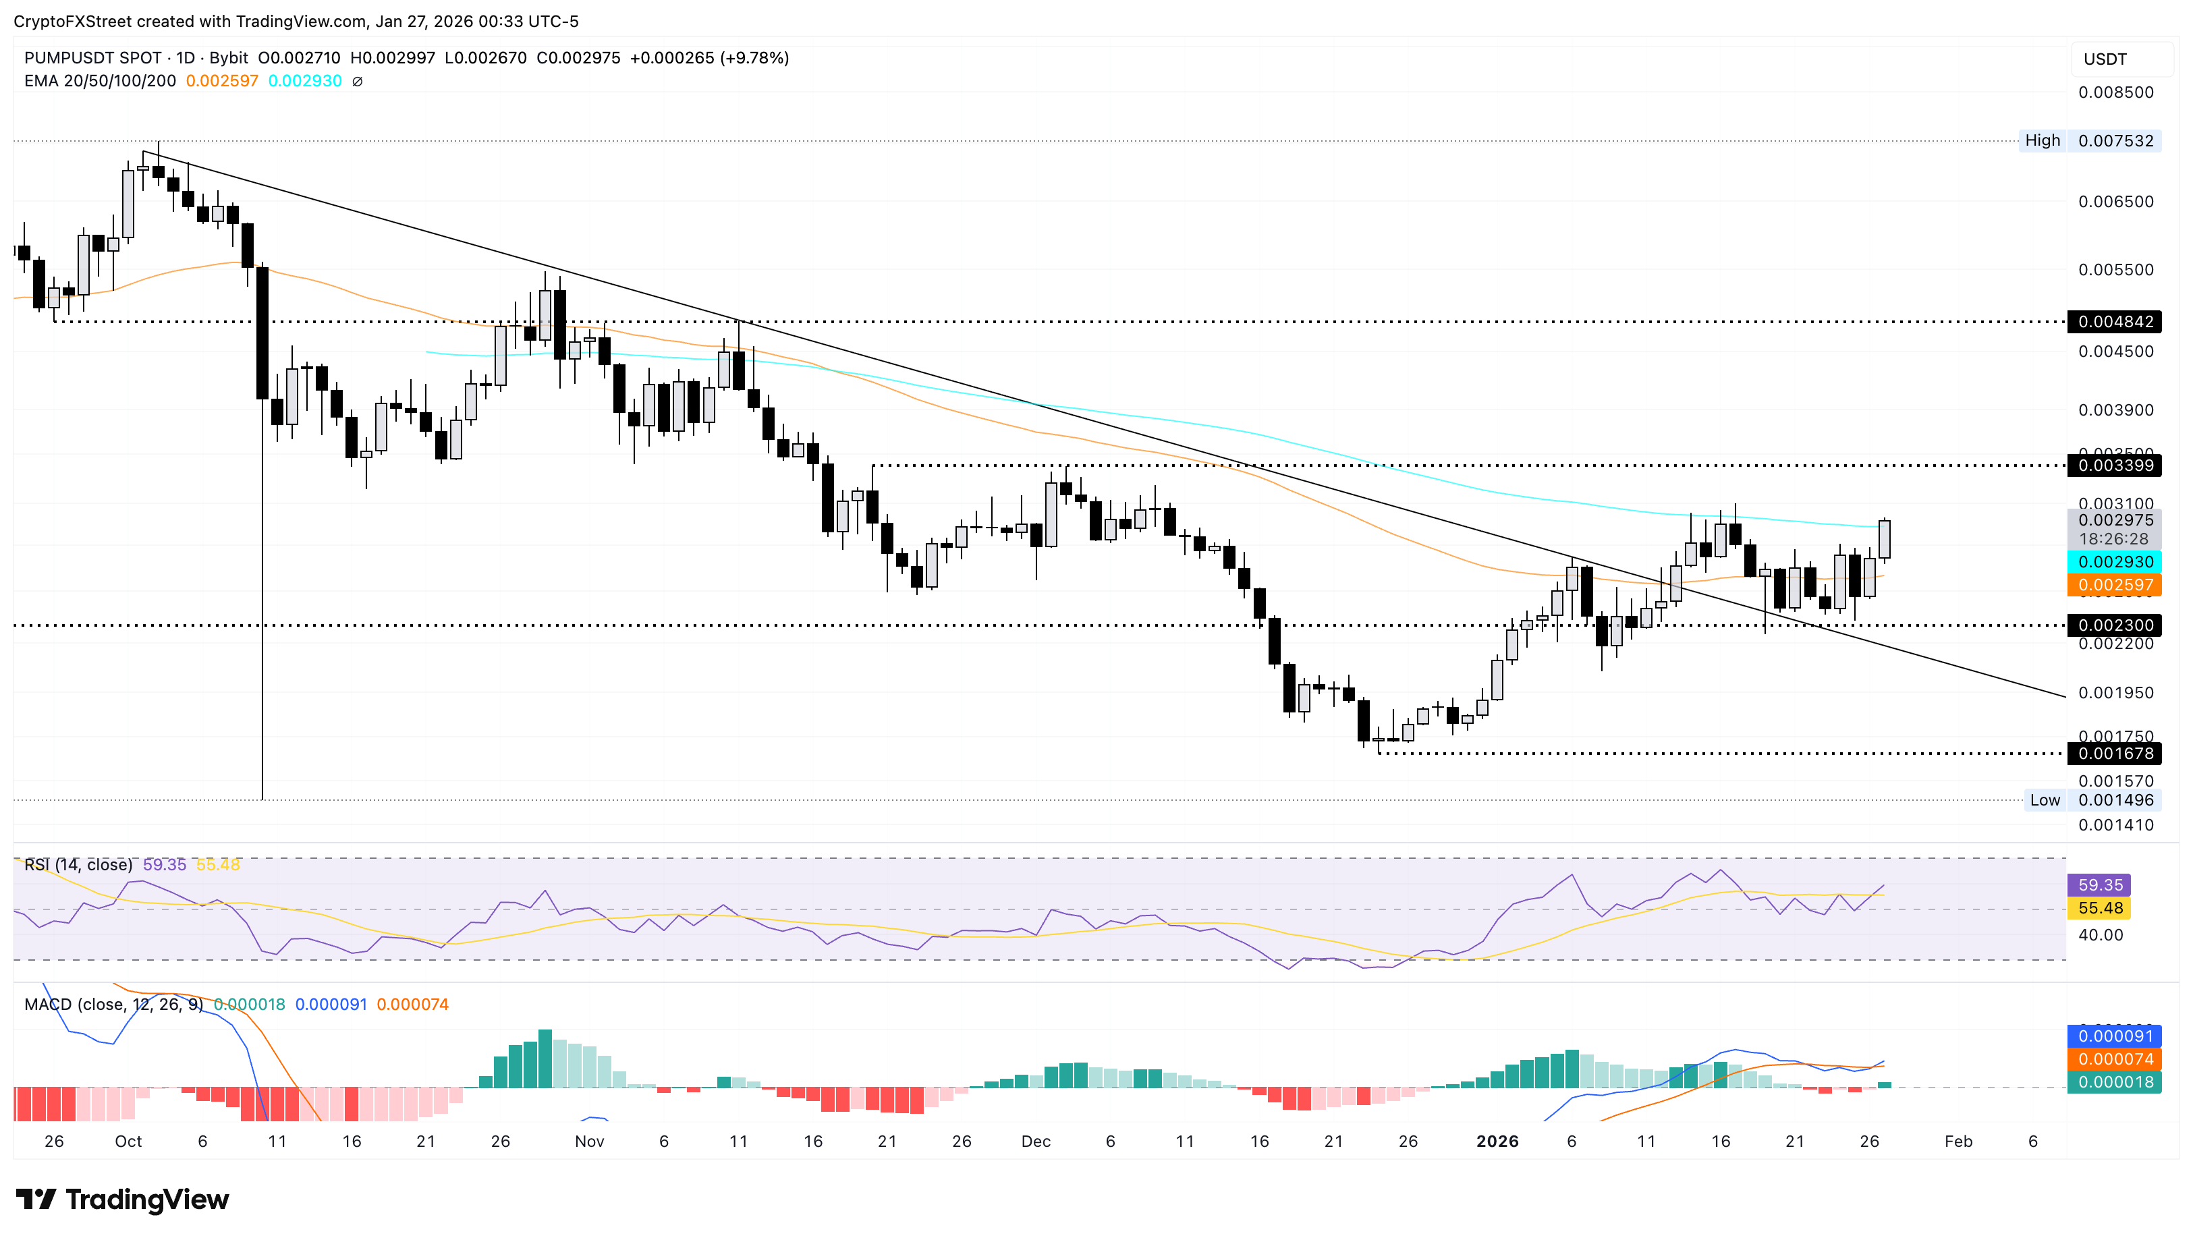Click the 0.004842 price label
point(2115,322)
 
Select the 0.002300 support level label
point(2115,625)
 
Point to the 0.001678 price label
point(2115,754)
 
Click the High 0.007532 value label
point(2115,140)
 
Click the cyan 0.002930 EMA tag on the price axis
point(2115,562)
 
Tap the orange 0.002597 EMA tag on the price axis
point(2115,585)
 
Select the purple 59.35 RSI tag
point(2099,886)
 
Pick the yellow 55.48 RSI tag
point(2099,909)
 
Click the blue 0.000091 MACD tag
point(2115,1036)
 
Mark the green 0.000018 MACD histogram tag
point(2115,1082)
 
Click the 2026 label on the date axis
point(1497,1142)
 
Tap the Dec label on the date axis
point(1036,1142)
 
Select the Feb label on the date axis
point(1958,1142)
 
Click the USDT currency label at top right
point(2105,59)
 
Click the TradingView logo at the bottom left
point(123,1200)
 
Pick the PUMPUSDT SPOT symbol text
point(93,58)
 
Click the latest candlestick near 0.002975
point(1885,539)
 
